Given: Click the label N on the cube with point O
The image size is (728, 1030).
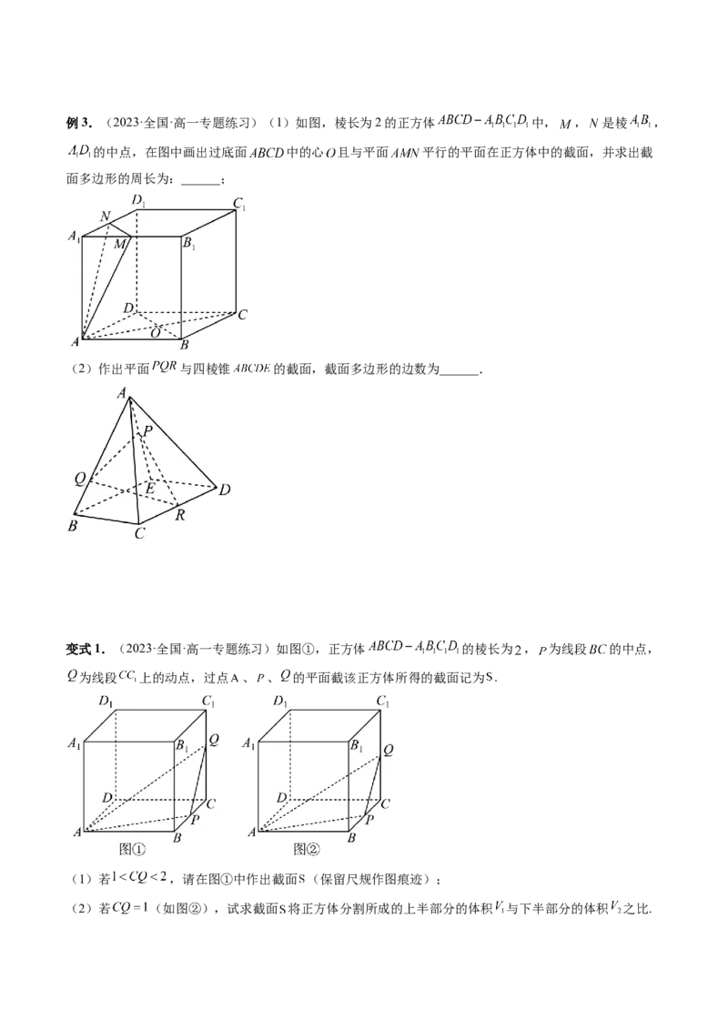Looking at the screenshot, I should coord(106,217).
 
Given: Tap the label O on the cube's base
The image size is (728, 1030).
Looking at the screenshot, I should coord(156,333).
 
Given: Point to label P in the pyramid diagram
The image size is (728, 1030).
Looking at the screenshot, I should coord(148,431).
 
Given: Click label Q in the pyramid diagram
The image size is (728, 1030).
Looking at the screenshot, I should coord(80,478).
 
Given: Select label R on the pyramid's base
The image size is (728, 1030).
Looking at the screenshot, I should coord(180,516).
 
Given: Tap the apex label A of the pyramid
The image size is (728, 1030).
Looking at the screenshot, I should coord(121,393).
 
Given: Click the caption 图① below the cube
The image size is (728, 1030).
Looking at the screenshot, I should coord(133,849).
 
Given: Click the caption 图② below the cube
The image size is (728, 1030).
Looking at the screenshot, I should coord(307,849).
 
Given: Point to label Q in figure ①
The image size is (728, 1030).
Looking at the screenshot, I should coord(213,739).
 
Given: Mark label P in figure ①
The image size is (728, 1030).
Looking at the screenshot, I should coord(195,819).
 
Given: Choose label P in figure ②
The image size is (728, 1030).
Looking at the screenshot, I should coord(369,819).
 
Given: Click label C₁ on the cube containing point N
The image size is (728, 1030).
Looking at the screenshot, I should coord(239,205).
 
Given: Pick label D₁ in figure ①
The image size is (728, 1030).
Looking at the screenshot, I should coord(106,702).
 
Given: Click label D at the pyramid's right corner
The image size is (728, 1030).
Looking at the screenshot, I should coord(224,490).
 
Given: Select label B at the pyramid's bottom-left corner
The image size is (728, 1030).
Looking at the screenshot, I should coord(74,526).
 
